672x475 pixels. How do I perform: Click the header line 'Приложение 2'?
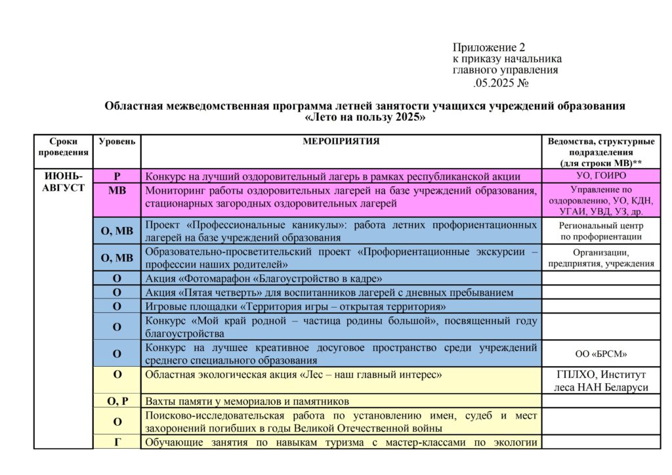point(489,47)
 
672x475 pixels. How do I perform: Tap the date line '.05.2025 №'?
point(501,83)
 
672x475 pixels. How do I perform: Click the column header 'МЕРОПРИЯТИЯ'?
point(341,141)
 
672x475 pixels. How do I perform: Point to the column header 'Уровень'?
point(117,141)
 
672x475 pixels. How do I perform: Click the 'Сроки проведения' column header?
point(63,146)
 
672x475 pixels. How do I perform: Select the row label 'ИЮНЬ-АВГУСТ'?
point(64,182)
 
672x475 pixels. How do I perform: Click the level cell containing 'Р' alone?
point(117,176)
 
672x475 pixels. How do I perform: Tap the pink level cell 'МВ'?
point(117,190)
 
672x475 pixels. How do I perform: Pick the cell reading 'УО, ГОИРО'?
point(600,176)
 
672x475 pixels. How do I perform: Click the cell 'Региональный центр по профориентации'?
point(600,231)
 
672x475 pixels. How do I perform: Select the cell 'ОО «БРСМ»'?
point(600,354)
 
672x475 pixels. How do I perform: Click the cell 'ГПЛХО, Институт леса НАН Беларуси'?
point(600,381)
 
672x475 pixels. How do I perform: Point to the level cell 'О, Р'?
point(117,401)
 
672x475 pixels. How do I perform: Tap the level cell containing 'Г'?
point(117,442)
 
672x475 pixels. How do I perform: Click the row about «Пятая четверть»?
point(329,293)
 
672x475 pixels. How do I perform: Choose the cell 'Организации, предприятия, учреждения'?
point(600,258)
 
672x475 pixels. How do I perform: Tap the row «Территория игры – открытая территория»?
point(295,306)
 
